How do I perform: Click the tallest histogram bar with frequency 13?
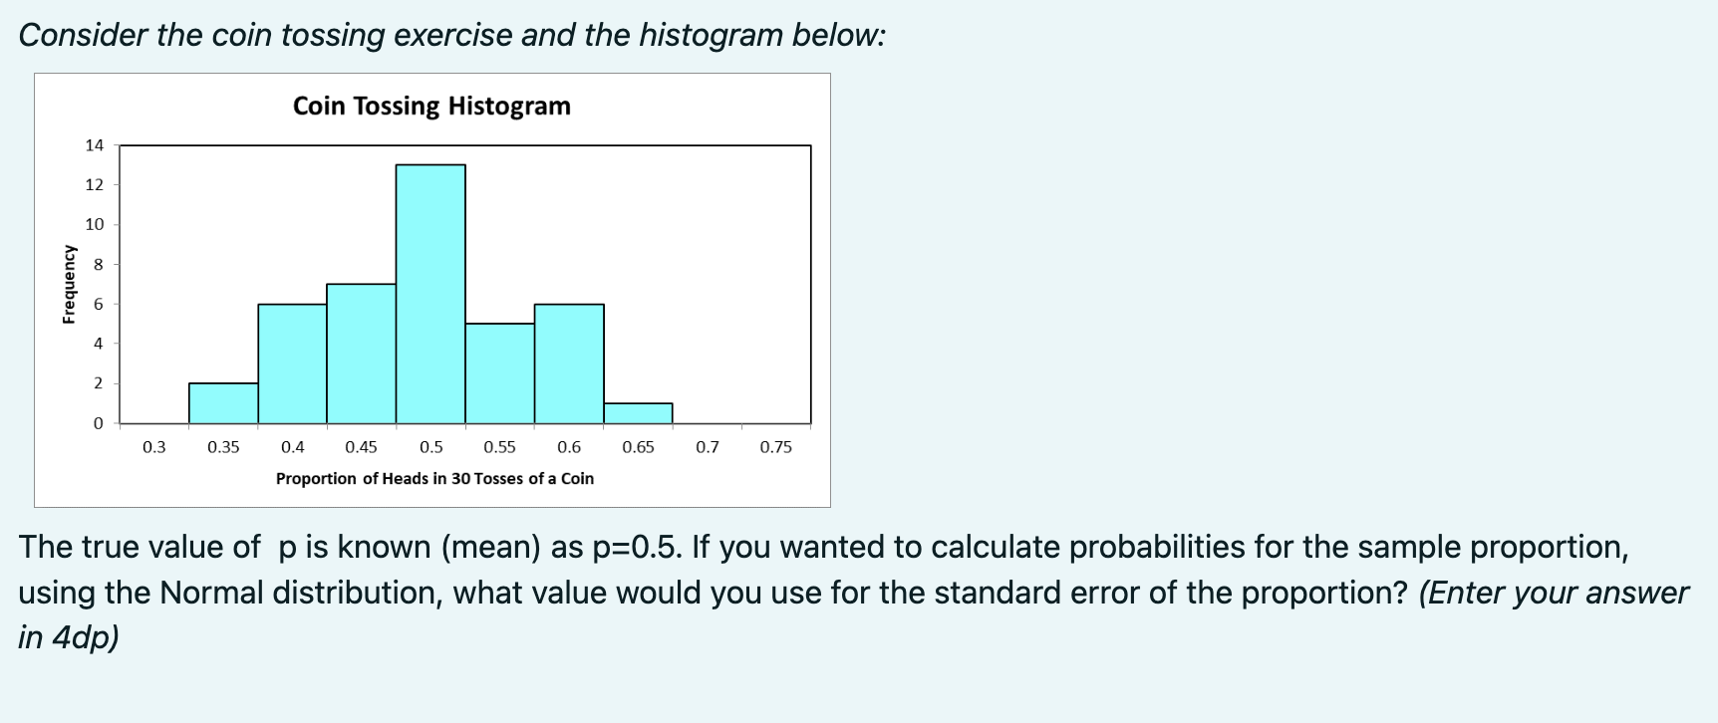click(430, 294)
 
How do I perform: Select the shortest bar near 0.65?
click(638, 413)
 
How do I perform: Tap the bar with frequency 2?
click(223, 403)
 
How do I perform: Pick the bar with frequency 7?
click(361, 354)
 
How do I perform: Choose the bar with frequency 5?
click(499, 373)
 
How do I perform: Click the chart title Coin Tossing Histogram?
click(431, 106)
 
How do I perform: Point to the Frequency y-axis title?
click(69, 284)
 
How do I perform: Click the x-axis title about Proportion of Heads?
click(434, 478)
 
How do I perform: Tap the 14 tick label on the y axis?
click(94, 145)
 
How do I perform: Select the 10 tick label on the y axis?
click(94, 224)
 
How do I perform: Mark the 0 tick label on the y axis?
click(98, 423)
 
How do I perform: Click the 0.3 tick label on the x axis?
click(154, 447)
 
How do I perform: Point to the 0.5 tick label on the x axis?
click(430, 447)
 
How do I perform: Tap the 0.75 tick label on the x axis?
click(776, 447)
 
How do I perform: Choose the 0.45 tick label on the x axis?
click(361, 447)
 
